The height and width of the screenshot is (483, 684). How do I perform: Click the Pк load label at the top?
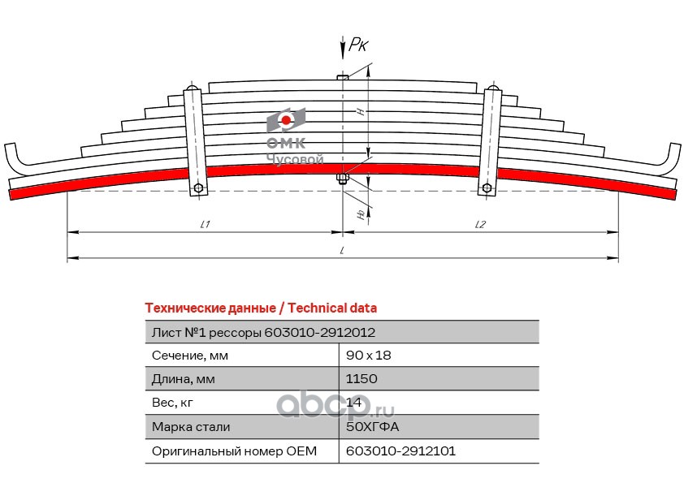coord(358,45)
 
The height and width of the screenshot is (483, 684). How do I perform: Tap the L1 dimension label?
coord(205,224)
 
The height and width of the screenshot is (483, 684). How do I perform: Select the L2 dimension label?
coord(480,224)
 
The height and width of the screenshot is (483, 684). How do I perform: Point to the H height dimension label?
coord(361,111)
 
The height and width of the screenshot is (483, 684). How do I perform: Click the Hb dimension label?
coord(361,214)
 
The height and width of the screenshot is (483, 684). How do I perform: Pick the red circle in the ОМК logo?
coord(286,120)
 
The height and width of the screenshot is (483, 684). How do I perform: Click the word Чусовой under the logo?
coord(295,159)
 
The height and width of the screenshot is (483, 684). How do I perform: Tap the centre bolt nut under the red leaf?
coord(343,179)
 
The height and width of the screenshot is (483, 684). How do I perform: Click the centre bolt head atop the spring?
coord(343,77)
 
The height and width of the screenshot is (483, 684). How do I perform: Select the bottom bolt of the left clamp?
coord(198,188)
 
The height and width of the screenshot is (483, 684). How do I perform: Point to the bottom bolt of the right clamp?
coord(487,188)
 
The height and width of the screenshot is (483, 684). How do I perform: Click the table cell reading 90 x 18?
coord(368,356)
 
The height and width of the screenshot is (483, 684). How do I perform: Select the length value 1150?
coord(361,378)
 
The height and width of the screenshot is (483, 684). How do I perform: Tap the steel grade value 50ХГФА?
coord(372,426)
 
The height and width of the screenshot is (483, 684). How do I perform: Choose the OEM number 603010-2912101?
coord(400,451)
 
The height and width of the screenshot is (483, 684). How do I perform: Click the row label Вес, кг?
coord(172,403)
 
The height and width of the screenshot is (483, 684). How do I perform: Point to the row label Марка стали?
coord(191,427)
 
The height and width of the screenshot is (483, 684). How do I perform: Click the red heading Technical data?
coord(332,308)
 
